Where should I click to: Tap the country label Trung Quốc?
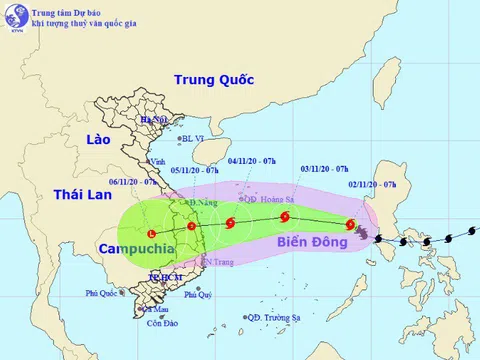(x=214, y=80)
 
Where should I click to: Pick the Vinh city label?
(x=157, y=161)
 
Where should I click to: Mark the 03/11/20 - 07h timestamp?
(x=323, y=171)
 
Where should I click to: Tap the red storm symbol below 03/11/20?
(x=285, y=216)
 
